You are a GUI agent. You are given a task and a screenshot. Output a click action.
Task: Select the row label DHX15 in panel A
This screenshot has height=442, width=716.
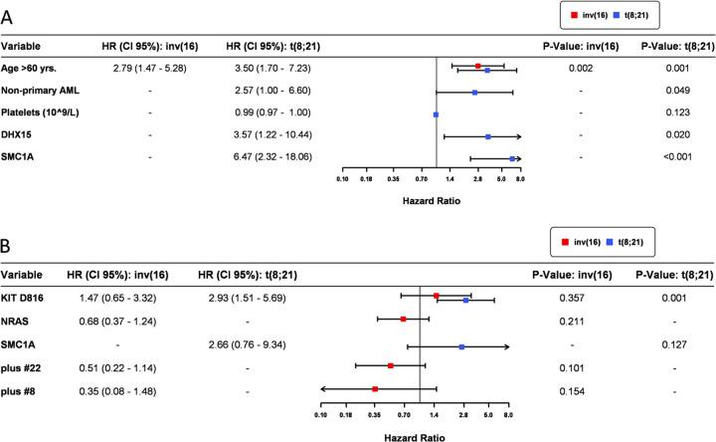[x=21, y=135]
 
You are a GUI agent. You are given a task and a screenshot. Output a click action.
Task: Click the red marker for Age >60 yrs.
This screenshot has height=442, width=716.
[x=478, y=66]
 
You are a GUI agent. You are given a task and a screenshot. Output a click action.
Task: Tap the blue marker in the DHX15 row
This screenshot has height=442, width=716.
[x=488, y=135]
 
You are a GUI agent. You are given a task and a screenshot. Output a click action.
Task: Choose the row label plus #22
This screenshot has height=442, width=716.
[x=24, y=365]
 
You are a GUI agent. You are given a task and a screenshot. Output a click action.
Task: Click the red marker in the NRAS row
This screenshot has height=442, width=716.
[x=404, y=319]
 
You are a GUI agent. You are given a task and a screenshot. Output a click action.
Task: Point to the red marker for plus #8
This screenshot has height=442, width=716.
[x=375, y=388]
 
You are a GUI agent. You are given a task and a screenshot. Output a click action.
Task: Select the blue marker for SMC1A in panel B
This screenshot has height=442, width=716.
[x=462, y=346]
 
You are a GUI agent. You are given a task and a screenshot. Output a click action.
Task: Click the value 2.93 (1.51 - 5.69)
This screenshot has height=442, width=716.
[x=245, y=297]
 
